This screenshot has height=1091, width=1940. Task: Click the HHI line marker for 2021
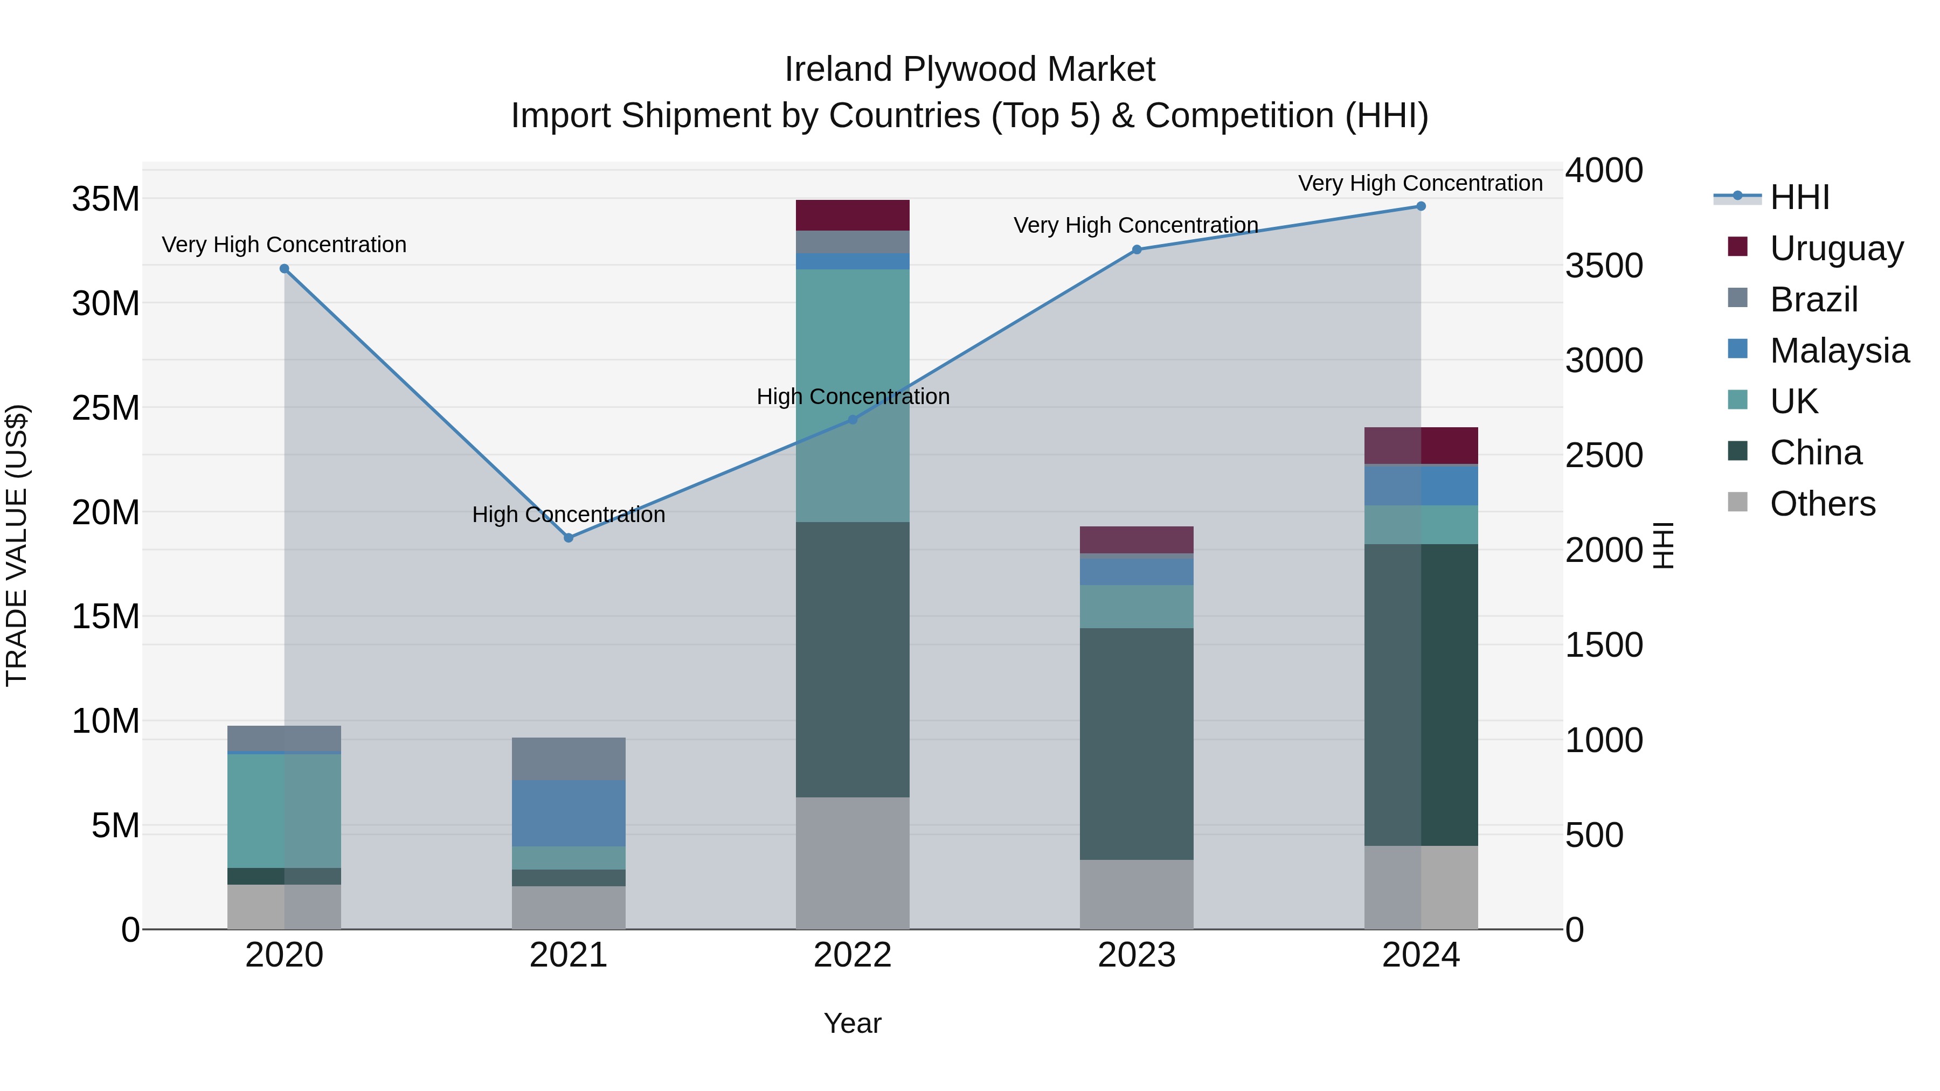(569, 538)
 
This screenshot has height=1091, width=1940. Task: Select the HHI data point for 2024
(1421, 206)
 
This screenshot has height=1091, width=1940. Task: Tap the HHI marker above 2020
(285, 269)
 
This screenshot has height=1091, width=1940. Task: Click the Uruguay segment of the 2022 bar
(853, 216)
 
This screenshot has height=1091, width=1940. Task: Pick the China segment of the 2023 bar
(1137, 744)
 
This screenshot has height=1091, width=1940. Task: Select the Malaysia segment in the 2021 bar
(569, 813)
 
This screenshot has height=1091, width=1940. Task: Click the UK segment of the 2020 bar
(284, 810)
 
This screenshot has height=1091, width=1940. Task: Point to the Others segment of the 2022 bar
(853, 863)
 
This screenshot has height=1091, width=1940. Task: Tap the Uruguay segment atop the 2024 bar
(1421, 446)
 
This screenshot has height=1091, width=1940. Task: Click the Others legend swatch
(1737, 502)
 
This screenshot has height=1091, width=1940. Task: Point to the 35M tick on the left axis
(106, 199)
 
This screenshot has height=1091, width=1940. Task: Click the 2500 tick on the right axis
(1604, 455)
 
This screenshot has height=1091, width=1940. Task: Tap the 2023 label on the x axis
(1137, 955)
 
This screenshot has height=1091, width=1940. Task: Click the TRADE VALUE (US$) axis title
(17, 545)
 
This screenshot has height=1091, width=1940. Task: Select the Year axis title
(853, 1023)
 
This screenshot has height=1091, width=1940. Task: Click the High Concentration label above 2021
(569, 515)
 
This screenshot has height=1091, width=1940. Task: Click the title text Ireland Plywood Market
(969, 70)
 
